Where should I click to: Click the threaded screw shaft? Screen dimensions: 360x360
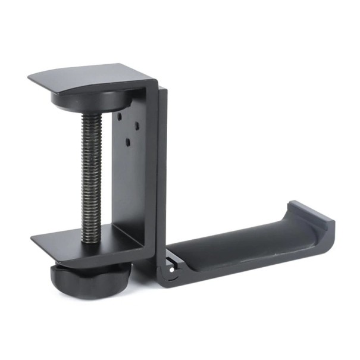pyautogui.click(x=92, y=173)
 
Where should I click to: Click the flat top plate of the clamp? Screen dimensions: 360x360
pyautogui.click(x=95, y=74)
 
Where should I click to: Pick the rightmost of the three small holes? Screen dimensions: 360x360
pyautogui.click(x=137, y=126)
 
